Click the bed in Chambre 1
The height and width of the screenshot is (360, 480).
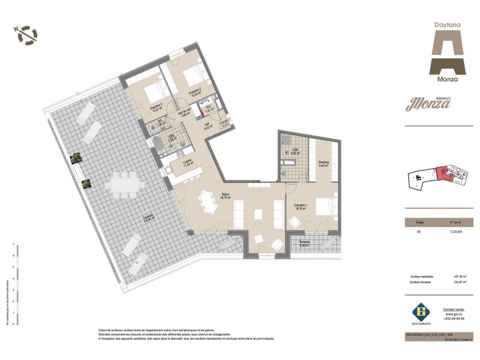point(323,208)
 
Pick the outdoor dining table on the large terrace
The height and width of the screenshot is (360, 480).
point(124,184)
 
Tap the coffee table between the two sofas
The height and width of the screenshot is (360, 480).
point(258,214)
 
